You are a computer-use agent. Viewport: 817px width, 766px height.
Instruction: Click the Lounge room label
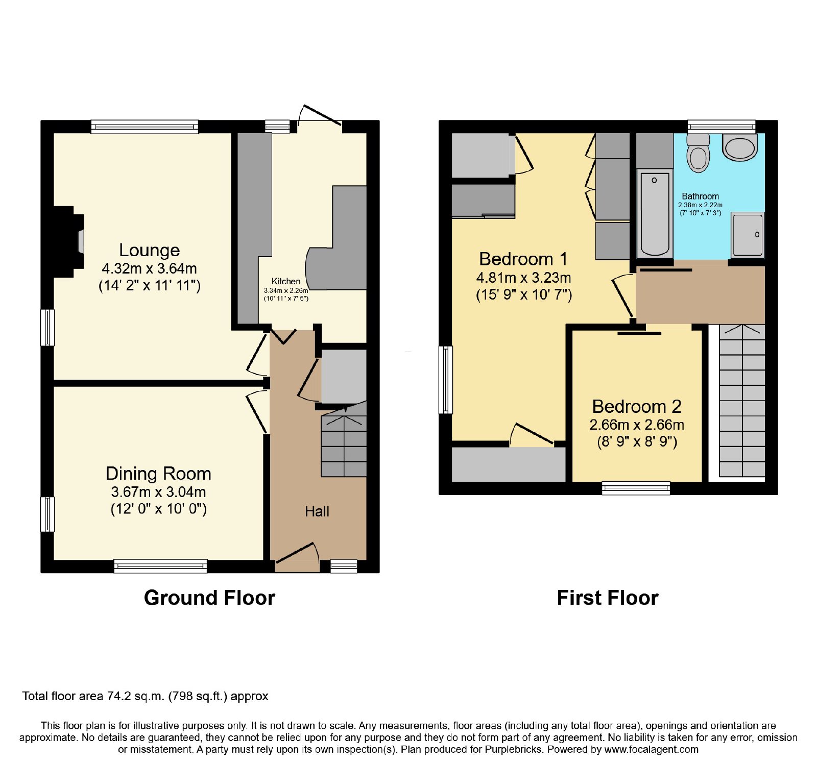coord(149,250)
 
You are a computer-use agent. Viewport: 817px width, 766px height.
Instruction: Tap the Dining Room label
coord(158,474)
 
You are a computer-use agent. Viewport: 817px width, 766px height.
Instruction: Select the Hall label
coord(317,511)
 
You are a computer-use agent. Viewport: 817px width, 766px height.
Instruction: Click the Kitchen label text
coord(286,281)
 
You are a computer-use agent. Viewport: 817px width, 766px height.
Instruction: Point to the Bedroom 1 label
coord(523,259)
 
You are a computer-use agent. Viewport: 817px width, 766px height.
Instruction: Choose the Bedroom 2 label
coord(637,406)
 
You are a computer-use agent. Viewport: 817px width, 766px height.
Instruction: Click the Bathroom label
coord(700,196)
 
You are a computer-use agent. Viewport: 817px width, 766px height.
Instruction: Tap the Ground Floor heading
coord(209,598)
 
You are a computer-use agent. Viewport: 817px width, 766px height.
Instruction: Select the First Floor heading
coord(608,598)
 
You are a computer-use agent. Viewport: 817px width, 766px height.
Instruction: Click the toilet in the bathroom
coord(698,153)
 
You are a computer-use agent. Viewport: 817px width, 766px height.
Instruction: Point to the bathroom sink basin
coord(739,147)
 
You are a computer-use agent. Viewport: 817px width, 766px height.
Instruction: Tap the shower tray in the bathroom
coord(748,234)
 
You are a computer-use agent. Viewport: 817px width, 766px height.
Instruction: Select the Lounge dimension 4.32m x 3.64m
coord(149,268)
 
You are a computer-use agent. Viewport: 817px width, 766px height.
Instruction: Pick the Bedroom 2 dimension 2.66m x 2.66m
coord(637,425)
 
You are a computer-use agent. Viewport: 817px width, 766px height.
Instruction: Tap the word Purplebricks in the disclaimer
coord(513,750)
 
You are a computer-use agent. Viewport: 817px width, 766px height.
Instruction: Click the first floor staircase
coord(742,401)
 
